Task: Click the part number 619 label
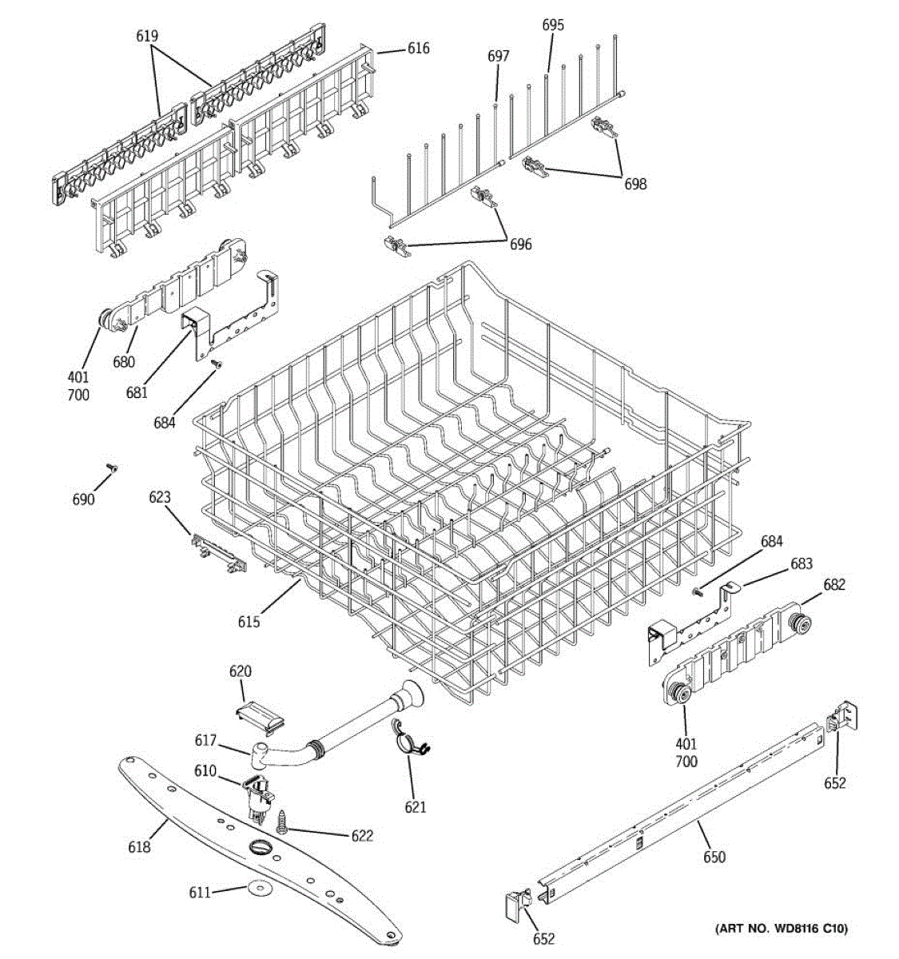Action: point(147,36)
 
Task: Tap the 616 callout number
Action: point(418,49)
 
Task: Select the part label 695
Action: point(553,25)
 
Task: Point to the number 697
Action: point(498,56)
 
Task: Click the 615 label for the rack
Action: point(248,621)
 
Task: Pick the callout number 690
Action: point(83,499)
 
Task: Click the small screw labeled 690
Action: point(112,468)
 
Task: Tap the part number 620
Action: point(240,671)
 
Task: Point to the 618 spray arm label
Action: point(139,846)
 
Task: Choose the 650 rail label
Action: point(714,858)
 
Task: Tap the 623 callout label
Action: point(160,497)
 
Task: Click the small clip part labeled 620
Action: point(261,712)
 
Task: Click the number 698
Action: point(635,185)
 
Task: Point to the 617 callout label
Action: point(205,741)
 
